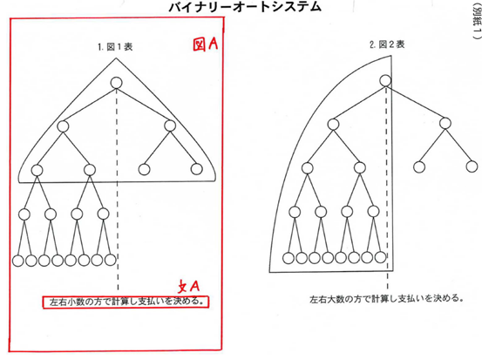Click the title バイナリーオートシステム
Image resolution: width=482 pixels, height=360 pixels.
[245, 6]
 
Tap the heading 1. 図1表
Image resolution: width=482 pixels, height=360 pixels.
[115, 47]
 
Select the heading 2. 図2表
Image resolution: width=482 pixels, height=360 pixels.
[387, 44]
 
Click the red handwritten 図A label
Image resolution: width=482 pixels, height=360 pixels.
[206, 44]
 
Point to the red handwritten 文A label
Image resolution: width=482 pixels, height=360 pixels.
[189, 287]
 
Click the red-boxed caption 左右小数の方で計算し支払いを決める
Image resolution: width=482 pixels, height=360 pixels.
[126, 302]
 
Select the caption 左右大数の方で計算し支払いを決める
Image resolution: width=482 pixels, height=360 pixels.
[386, 298]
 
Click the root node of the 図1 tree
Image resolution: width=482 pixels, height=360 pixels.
[116, 83]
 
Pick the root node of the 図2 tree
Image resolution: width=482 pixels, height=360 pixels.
[385, 80]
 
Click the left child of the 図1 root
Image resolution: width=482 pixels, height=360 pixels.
[63, 126]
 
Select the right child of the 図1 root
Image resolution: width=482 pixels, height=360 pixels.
[170, 126]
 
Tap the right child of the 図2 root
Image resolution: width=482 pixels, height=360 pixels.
[445, 123]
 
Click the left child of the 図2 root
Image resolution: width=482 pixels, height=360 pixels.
[333, 124]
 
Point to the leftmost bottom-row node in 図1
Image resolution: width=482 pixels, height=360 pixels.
[17, 261]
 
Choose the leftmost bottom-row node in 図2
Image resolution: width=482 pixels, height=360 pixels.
[288, 258]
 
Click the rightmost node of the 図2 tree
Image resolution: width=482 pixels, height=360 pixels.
[472, 166]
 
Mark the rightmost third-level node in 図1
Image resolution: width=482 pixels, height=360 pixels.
[197, 169]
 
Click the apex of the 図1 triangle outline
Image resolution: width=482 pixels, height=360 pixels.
[116, 58]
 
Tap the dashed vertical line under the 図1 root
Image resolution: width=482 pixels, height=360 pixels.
[117, 189]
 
